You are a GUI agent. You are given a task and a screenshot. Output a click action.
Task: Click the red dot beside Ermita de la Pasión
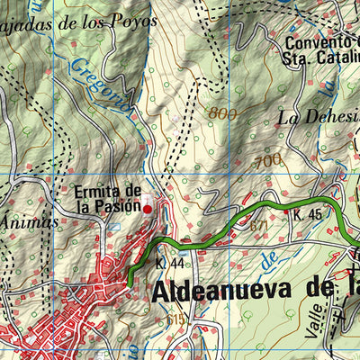pos(148,209)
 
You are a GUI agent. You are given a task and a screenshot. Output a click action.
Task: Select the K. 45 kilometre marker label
pos(306,215)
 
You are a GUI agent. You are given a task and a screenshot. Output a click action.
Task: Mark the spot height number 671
pos(258,224)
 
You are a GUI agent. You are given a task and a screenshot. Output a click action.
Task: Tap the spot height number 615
pos(176,319)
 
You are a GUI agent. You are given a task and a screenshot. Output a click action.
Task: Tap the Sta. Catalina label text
pos(324,59)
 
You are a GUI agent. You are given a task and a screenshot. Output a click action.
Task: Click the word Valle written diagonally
pos(314,317)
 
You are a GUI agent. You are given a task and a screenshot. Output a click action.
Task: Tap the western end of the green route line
pos(130,284)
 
